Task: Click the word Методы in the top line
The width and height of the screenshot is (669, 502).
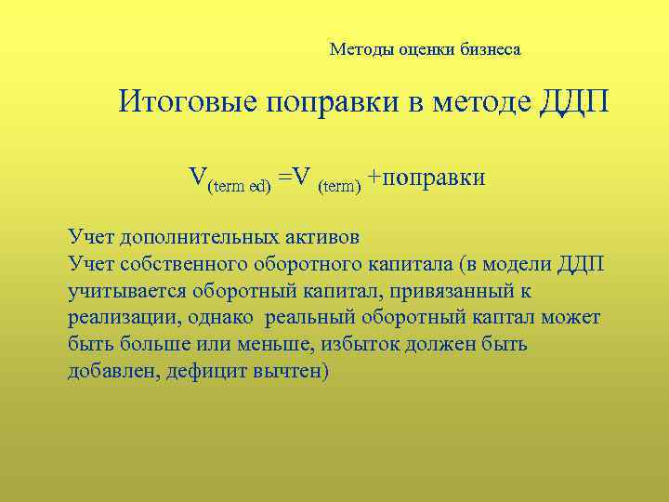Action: [358, 50]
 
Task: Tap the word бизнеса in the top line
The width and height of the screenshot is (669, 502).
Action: [490, 50]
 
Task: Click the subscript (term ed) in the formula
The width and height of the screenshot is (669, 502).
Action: [239, 187]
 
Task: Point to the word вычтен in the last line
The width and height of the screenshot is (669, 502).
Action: [293, 372]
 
